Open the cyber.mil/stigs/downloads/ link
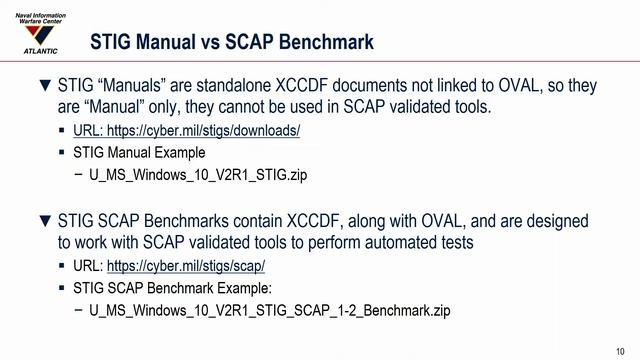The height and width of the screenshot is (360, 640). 187,131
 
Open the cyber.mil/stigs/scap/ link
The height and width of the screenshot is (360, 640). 186,266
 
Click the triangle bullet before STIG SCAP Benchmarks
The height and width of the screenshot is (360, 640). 43,222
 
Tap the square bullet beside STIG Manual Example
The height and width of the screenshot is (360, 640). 63,153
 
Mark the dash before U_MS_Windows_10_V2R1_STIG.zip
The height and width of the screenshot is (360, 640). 79,175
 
